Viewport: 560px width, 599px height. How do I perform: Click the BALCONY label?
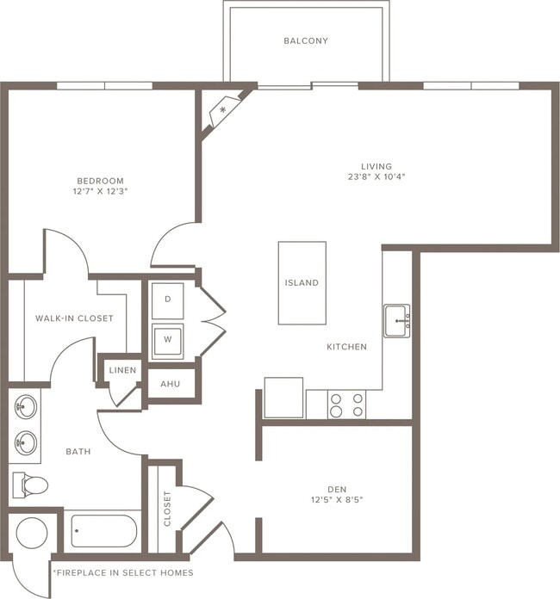306,40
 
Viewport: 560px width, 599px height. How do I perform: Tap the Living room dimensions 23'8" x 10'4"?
376,177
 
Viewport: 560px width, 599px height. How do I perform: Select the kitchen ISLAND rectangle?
302,282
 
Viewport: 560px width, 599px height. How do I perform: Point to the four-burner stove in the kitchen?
346,404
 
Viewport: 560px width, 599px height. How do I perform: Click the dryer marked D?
168,299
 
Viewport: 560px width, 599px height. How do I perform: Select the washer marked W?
168,340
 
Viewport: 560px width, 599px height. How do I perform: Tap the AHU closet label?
171,384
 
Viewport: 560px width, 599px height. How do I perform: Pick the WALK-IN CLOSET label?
74,318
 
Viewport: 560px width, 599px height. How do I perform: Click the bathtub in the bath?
103,530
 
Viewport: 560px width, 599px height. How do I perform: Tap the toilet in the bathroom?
32,485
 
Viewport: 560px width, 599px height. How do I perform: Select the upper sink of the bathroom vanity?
26,406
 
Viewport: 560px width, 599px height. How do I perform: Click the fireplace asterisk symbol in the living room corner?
224,110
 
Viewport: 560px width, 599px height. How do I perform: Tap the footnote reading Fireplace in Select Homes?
122,572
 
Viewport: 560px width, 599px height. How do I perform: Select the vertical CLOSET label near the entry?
167,509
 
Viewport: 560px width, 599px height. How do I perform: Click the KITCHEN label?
346,347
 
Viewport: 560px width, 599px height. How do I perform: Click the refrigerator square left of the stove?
283,398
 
